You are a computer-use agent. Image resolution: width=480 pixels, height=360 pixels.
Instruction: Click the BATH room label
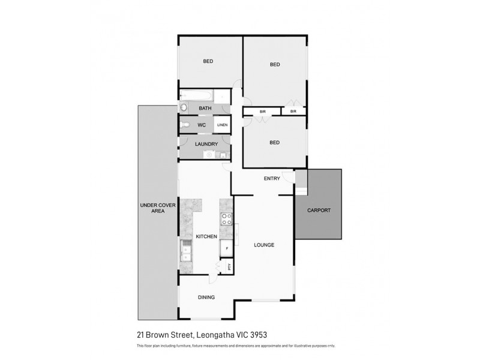tap(205, 109)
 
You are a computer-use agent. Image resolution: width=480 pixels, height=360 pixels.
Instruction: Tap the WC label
tap(202, 125)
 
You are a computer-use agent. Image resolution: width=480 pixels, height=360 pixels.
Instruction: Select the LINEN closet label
tap(222, 125)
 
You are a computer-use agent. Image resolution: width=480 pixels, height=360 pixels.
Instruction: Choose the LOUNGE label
tap(264, 245)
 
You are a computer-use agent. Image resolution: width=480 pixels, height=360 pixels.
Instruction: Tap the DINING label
tap(206, 297)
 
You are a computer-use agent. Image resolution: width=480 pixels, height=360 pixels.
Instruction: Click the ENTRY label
tap(272, 179)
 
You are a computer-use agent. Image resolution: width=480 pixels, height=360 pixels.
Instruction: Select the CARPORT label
tap(318, 211)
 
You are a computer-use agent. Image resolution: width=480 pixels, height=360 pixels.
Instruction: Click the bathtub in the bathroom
tap(196, 96)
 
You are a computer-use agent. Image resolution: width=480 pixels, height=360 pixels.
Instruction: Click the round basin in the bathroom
tap(184, 108)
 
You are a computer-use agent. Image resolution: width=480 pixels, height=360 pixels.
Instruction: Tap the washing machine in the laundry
tap(209, 154)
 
